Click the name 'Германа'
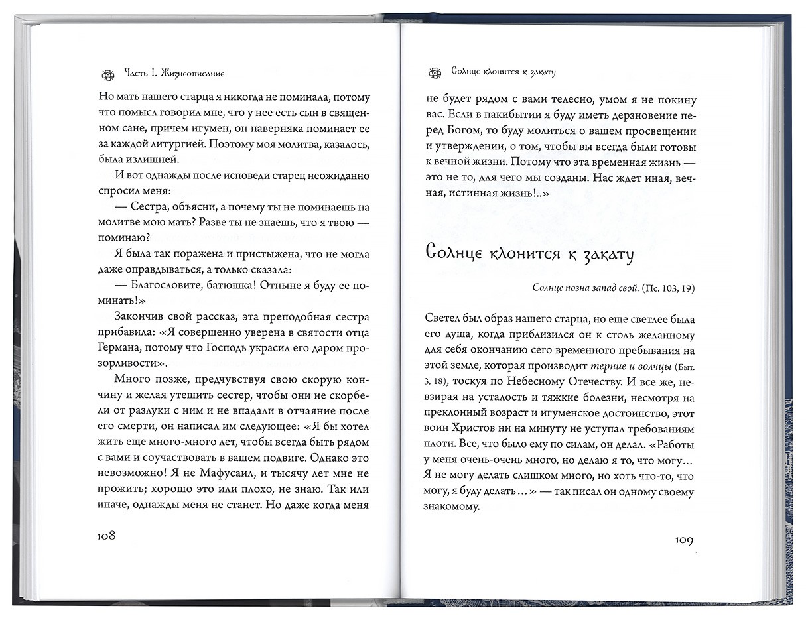[124, 347]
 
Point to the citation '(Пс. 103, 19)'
[665, 288]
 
